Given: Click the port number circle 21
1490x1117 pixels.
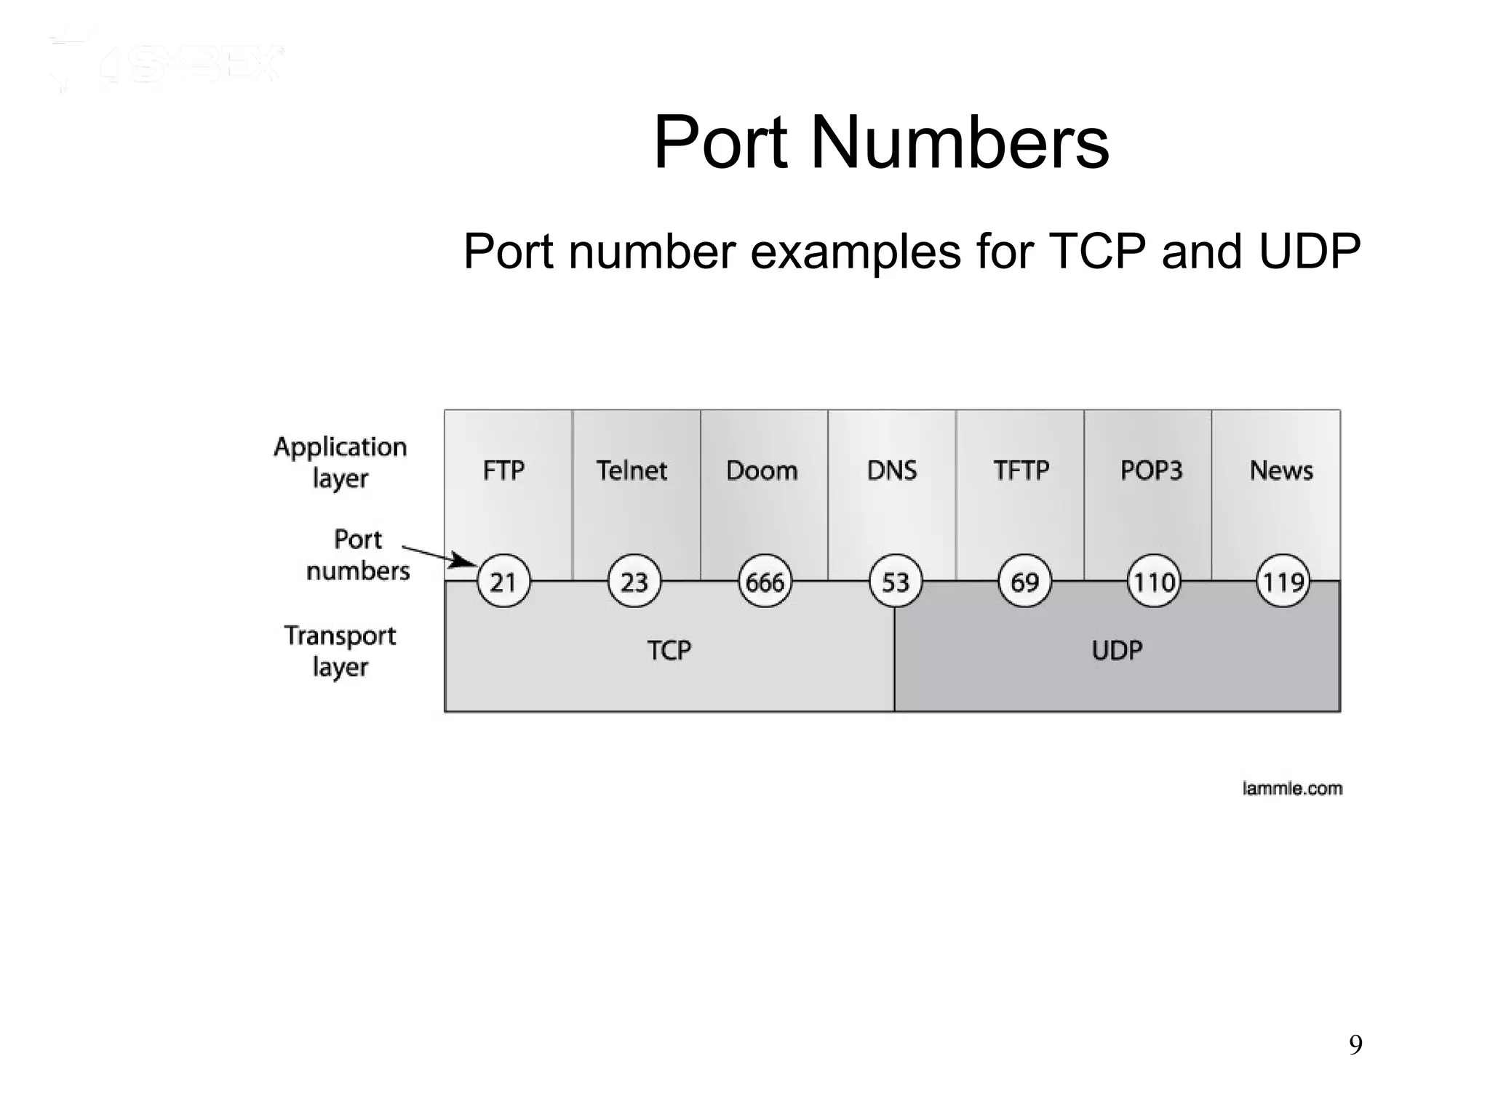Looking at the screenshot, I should [x=503, y=581].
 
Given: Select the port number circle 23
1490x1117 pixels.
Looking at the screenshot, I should [x=634, y=581].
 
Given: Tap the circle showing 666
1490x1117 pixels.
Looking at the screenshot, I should [x=765, y=581].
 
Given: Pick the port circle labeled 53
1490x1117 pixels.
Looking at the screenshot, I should [x=895, y=581].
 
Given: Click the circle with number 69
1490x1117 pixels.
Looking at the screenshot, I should [x=1024, y=581].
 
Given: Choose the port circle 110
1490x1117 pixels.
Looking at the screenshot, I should [x=1154, y=581].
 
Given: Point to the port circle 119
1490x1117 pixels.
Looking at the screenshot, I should [x=1283, y=581].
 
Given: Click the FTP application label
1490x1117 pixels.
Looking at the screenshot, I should [x=503, y=471].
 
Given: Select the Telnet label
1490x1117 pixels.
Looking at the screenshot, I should [x=632, y=471].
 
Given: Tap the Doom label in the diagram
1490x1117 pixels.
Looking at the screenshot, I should [x=762, y=471].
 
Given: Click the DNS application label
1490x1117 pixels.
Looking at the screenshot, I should [x=892, y=471].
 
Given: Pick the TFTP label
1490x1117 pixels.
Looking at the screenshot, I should [x=1021, y=471].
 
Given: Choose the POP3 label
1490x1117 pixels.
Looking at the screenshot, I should [x=1151, y=471].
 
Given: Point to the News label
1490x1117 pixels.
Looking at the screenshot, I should [x=1281, y=471].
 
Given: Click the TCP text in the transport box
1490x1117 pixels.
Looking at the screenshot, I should [x=669, y=649].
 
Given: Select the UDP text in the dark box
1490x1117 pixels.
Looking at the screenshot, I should [x=1117, y=649].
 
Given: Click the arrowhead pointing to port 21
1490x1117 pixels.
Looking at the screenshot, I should [x=463, y=561].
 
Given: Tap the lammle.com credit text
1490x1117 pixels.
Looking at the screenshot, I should [x=1292, y=788].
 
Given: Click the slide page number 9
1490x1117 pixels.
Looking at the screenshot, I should [x=1355, y=1045].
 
